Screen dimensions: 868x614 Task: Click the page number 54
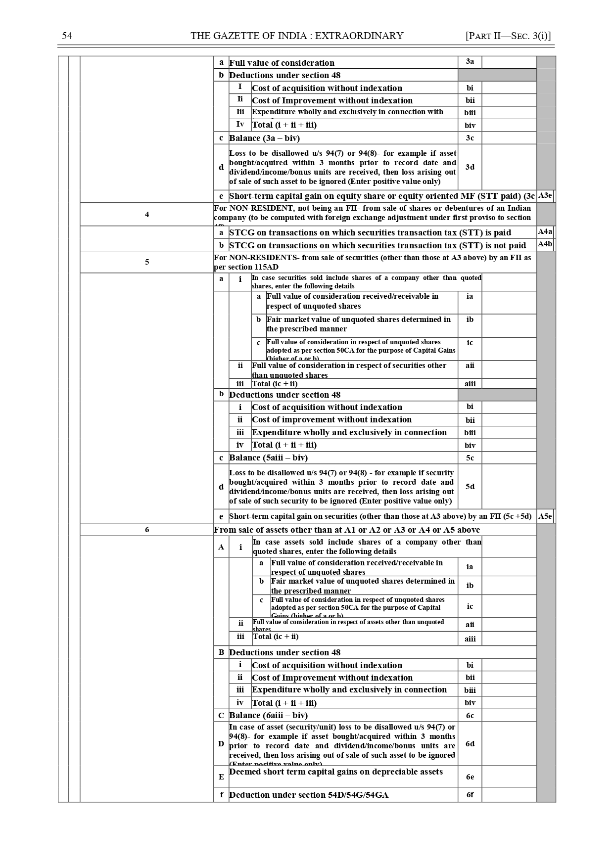[x=67, y=36]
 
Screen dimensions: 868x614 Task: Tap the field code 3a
[x=470, y=62]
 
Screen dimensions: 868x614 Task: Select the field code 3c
[x=470, y=138]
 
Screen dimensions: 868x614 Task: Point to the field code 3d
[x=470, y=167]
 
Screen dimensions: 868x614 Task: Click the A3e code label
[x=545, y=196]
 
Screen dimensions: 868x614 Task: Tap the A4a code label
[x=545, y=232]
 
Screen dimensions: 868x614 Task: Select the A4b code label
[x=545, y=244]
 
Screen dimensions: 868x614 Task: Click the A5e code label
[x=545, y=516]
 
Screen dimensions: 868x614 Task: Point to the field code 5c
[x=470, y=458]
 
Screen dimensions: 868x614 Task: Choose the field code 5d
[x=470, y=487]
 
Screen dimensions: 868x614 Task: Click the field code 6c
[x=470, y=716]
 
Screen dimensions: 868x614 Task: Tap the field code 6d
[x=470, y=744]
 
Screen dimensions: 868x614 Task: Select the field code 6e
[x=470, y=777]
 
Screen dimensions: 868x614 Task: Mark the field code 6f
[x=470, y=795]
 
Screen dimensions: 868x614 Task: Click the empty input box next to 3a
[x=509, y=62]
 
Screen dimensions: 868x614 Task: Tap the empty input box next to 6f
[x=509, y=795]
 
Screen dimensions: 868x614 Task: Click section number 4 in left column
[x=147, y=215]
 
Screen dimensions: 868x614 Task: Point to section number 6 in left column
[x=147, y=530]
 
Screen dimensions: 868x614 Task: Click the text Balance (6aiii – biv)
[x=268, y=716]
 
